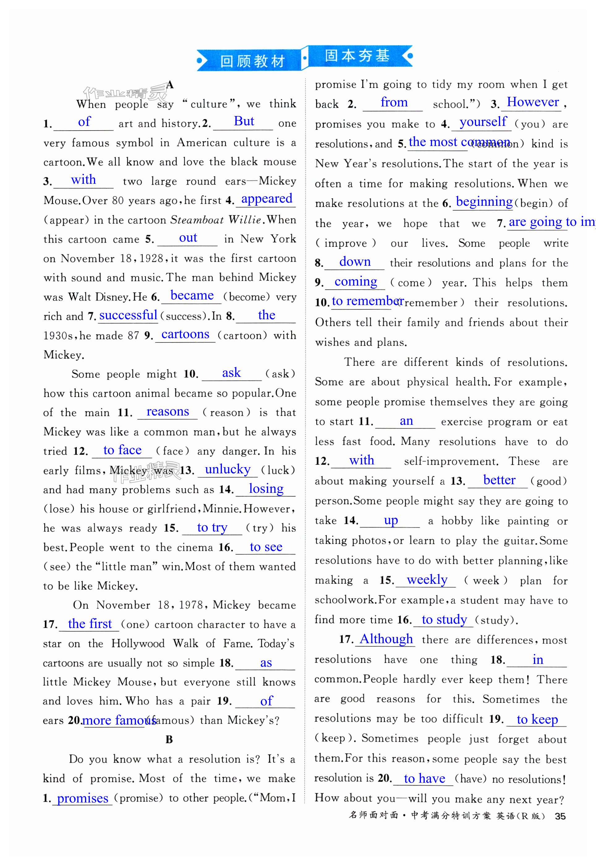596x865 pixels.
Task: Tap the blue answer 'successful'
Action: point(128,315)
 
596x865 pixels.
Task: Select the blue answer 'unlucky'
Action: point(228,469)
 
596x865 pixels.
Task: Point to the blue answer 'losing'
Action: point(266,488)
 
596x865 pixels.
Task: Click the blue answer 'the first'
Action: point(90,624)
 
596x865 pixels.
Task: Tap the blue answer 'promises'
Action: point(83,798)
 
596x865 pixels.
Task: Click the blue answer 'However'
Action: point(533,102)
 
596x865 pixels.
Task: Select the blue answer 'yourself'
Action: point(483,122)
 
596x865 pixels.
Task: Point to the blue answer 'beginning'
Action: point(484,202)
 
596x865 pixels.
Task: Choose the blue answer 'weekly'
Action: point(427,579)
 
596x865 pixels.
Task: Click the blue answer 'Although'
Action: point(386,639)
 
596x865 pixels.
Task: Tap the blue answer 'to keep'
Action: point(537,719)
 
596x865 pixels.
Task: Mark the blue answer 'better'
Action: point(499,480)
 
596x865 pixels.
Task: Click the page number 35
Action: point(560,816)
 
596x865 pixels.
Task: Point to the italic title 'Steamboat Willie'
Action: point(215,220)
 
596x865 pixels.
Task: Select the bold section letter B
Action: point(169,739)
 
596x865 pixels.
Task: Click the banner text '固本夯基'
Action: point(357,56)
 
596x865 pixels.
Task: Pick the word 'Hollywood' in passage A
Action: point(138,643)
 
